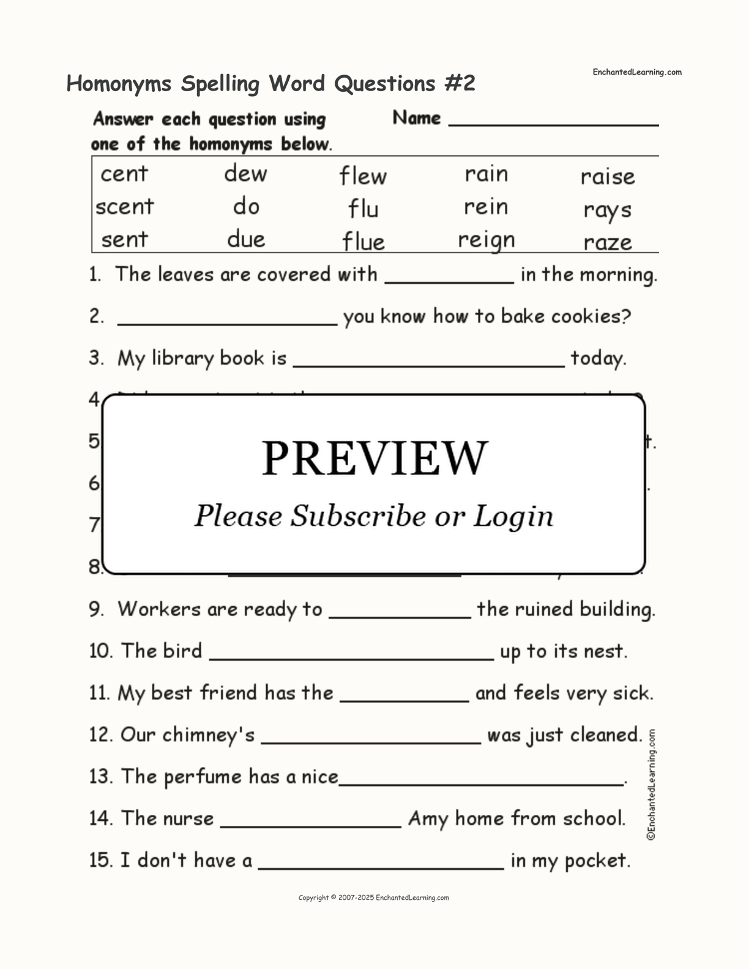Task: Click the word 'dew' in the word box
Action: (x=245, y=174)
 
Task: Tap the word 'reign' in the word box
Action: (x=486, y=240)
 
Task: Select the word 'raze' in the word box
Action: (x=607, y=242)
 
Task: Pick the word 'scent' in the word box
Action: (x=125, y=207)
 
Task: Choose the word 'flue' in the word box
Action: (x=363, y=242)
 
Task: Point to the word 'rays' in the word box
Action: (x=607, y=210)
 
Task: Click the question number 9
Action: (x=95, y=609)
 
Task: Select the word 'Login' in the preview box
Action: (x=513, y=516)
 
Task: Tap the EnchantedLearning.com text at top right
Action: (x=636, y=72)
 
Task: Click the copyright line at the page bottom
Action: (x=373, y=897)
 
